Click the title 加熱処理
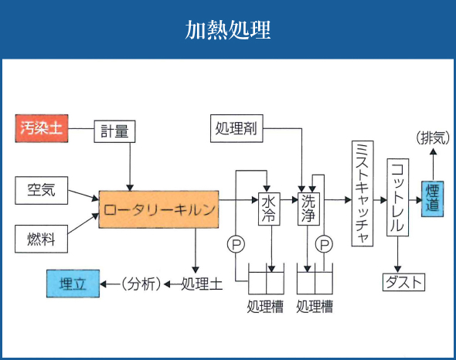[228, 30]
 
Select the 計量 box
[114, 131]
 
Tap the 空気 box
[41, 188]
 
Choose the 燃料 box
[41, 237]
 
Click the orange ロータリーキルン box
[158, 209]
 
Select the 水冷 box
[269, 208]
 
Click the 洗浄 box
[309, 208]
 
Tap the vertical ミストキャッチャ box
[362, 193]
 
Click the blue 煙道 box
[433, 199]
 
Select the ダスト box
[403, 282]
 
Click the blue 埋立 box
[73, 284]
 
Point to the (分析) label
[141, 284]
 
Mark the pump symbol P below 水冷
[236, 244]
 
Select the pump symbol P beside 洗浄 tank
[325, 244]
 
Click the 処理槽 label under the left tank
[265, 307]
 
